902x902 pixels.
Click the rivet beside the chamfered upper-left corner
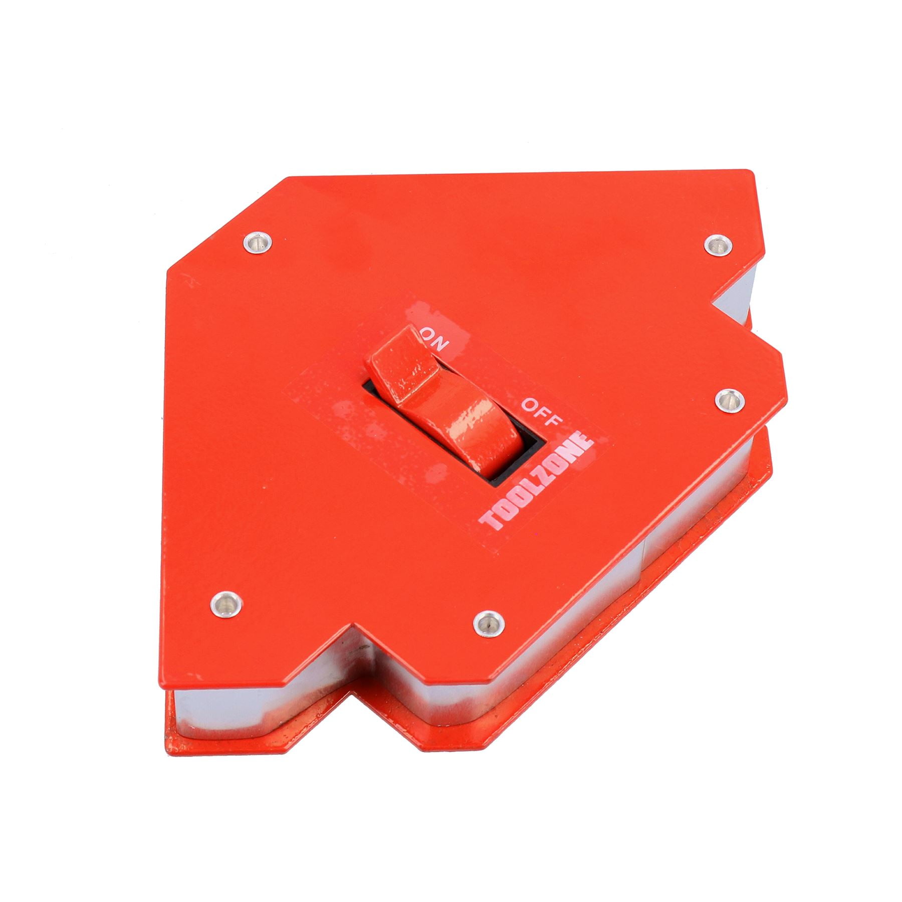click(x=257, y=243)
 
